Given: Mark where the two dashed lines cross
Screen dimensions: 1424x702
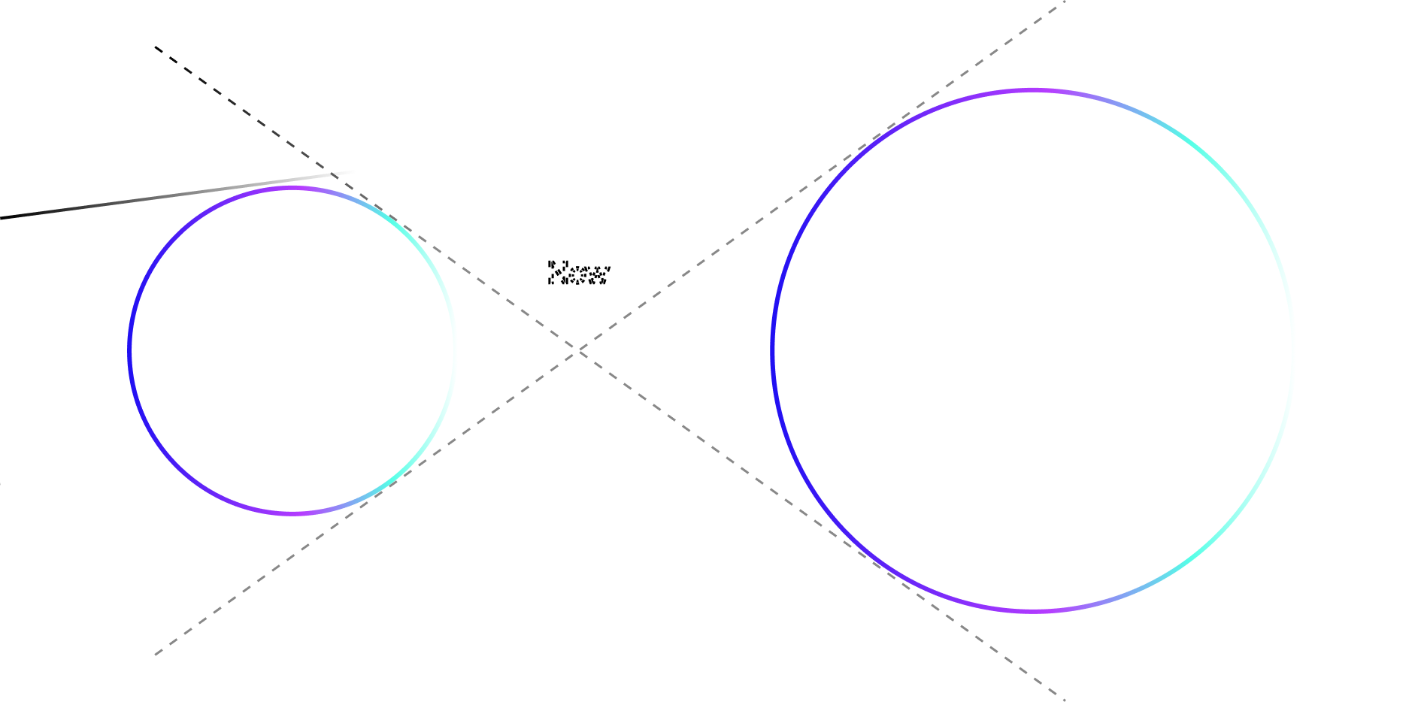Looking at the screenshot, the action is click(578, 351).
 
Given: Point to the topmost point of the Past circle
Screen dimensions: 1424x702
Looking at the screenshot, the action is click(292, 188).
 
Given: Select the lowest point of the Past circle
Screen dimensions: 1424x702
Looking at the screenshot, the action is click(292, 513).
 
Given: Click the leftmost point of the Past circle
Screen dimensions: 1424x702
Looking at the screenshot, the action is click(130, 350).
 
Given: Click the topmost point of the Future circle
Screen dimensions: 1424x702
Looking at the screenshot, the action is click(1033, 90).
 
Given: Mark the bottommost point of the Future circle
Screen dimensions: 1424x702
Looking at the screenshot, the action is click(1033, 611).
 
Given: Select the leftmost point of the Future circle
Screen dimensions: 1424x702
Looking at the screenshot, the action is click(773, 350).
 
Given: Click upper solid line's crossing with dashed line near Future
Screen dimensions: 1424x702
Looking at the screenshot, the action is click(932, 95).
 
